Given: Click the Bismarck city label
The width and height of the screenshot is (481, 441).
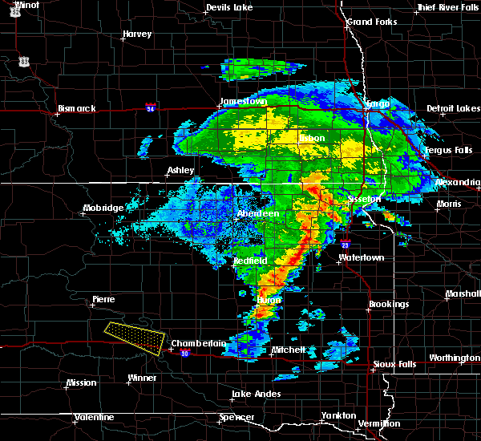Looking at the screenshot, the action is coord(77,108).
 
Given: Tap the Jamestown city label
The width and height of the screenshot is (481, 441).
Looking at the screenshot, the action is coord(244,102).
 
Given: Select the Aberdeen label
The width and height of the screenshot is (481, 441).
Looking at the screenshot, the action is coord(258,214).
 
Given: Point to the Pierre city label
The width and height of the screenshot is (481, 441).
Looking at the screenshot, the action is coord(103,299).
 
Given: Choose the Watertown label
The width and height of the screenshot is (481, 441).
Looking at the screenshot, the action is coord(362,257).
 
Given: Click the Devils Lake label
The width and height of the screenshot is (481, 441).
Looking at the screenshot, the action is coord(228,7).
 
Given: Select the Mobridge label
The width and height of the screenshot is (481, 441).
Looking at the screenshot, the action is coord(103,208).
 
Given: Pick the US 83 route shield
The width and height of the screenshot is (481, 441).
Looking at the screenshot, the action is coord(25,61).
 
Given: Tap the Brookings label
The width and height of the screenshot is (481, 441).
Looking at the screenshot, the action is coord(388,305).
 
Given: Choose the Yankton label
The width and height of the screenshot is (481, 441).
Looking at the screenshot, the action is coord(338,415).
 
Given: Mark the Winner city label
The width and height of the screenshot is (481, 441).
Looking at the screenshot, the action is coord(142,378).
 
